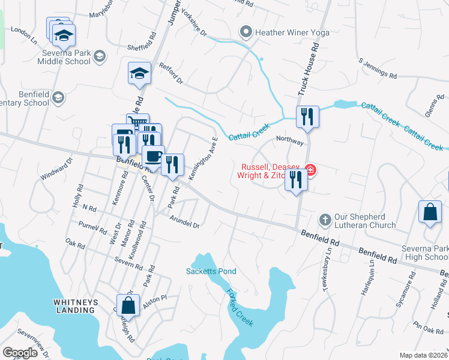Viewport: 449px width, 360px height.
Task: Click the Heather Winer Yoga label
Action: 292,32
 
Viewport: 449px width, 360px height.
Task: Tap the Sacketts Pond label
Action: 211,271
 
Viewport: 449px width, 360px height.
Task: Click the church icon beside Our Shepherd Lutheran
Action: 325,220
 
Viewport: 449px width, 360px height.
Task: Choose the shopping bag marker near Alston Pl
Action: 128,304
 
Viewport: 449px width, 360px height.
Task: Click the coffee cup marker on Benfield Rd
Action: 154,157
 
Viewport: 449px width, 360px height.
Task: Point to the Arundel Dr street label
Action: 184,221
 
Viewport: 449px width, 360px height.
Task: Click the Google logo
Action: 20,353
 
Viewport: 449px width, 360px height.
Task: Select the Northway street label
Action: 291,139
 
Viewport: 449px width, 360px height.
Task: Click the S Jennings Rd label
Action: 378,68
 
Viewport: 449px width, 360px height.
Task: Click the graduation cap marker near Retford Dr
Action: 139,73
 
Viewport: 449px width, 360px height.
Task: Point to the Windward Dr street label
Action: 56,169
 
